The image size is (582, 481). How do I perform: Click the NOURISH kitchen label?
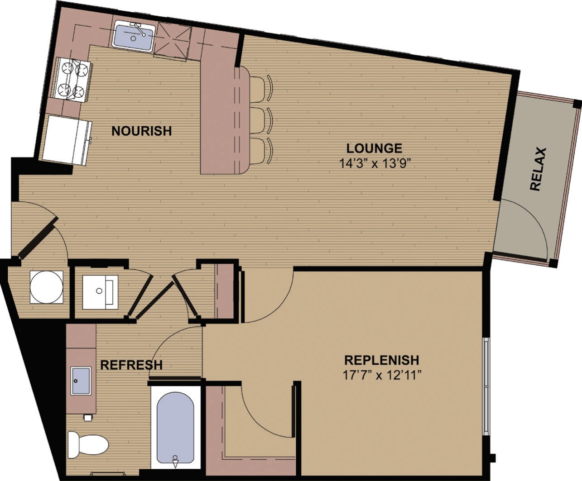[141, 131]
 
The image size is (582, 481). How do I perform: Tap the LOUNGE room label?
[374, 148]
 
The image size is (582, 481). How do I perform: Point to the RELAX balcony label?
[538, 169]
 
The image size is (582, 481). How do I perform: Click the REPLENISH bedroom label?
[381, 360]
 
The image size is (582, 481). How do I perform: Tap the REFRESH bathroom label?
[131, 365]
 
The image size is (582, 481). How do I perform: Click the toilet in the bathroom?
[88, 444]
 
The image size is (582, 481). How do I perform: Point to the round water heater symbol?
[46, 287]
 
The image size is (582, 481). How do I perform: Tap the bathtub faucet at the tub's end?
[175, 461]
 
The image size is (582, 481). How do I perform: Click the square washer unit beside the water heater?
[100, 292]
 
